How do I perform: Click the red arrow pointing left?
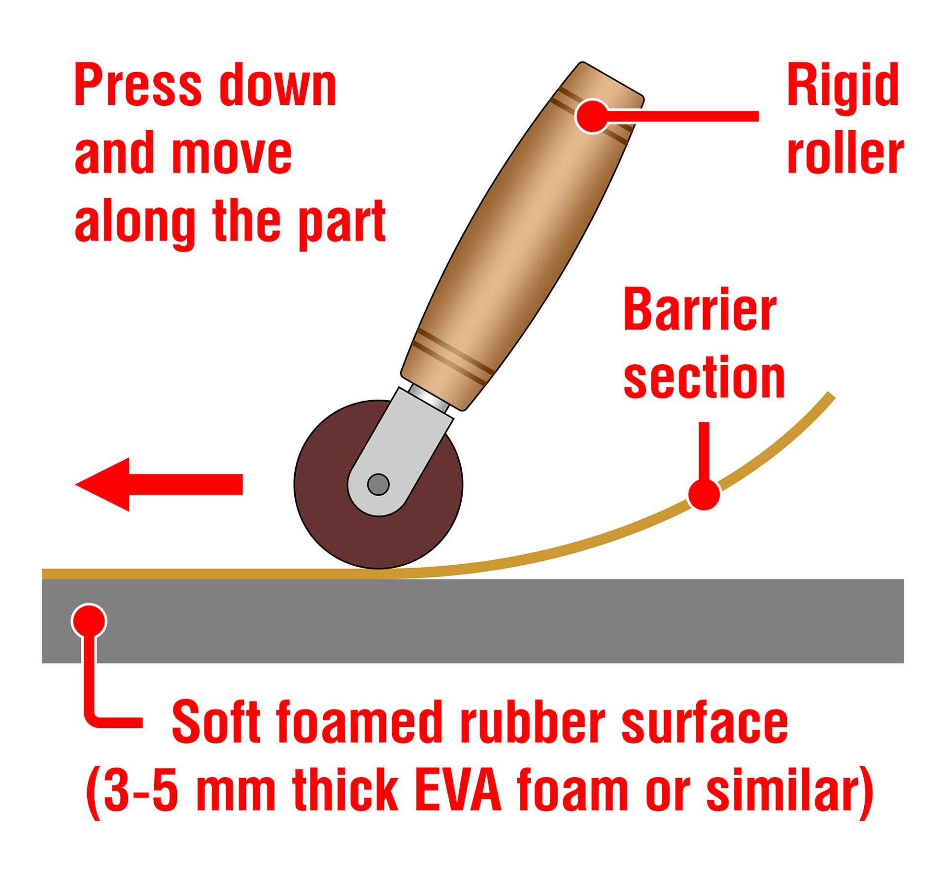(x=158, y=484)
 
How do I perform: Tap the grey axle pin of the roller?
(x=378, y=484)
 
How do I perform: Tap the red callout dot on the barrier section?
(x=704, y=493)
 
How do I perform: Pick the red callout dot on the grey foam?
(x=89, y=621)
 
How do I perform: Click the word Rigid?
(x=843, y=85)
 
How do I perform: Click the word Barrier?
(x=700, y=310)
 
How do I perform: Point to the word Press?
(x=138, y=85)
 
